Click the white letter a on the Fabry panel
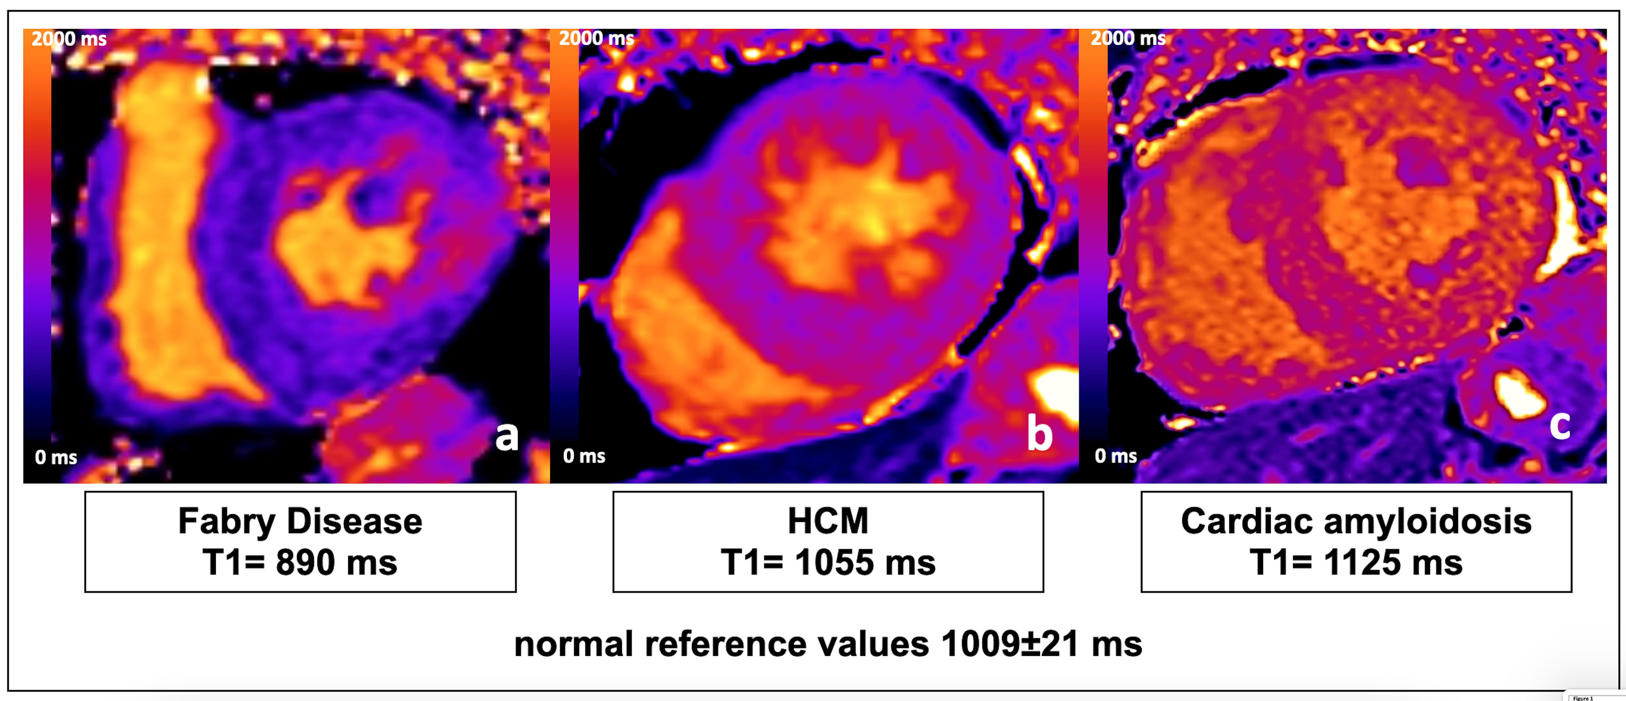pyautogui.click(x=506, y=436)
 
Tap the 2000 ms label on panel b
pyautogui.click(x=597, y=38)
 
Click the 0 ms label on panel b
pyautogui.click(x=584, y=456)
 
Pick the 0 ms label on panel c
pyautogui.click(x=1115, y=456)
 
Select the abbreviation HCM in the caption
pyautogui.click(x=828, y=521)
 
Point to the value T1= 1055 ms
pyautogui.click(x=828, y=562)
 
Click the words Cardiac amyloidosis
pyautogui.click(x=1356, y=521)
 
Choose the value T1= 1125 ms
pyautogui.click(x=1356, y=562)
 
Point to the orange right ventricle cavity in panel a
pyautogui.click(x=164, y=240)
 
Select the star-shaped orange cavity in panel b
pyautogui.click(x=858, y=214)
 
